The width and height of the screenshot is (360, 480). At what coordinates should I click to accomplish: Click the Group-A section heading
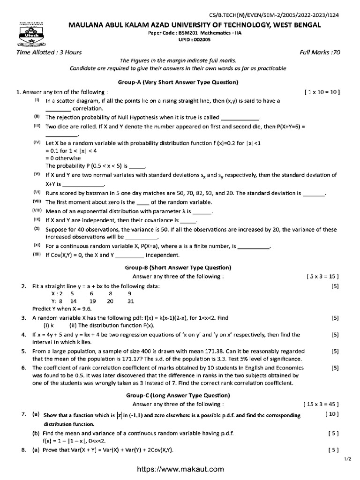pos(182,82)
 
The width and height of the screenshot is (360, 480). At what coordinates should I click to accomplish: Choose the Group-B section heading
pos(178,267)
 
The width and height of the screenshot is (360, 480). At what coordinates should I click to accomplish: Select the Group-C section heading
pos(178,395)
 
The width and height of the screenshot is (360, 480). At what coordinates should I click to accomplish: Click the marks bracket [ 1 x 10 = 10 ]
pos(322,92)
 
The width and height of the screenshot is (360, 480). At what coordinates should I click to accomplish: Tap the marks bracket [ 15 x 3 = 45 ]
pos(321,404)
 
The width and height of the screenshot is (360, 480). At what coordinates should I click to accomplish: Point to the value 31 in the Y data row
pos(131,301)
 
